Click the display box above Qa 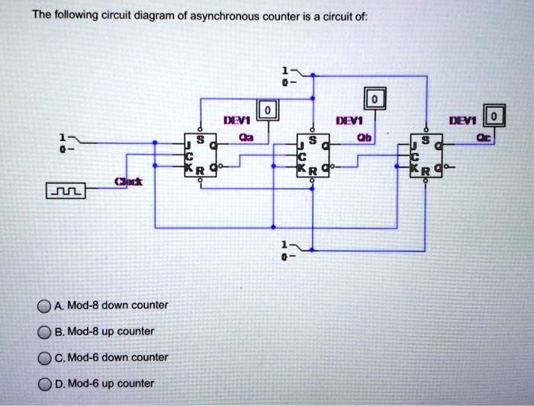click(x=266, y=111)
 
